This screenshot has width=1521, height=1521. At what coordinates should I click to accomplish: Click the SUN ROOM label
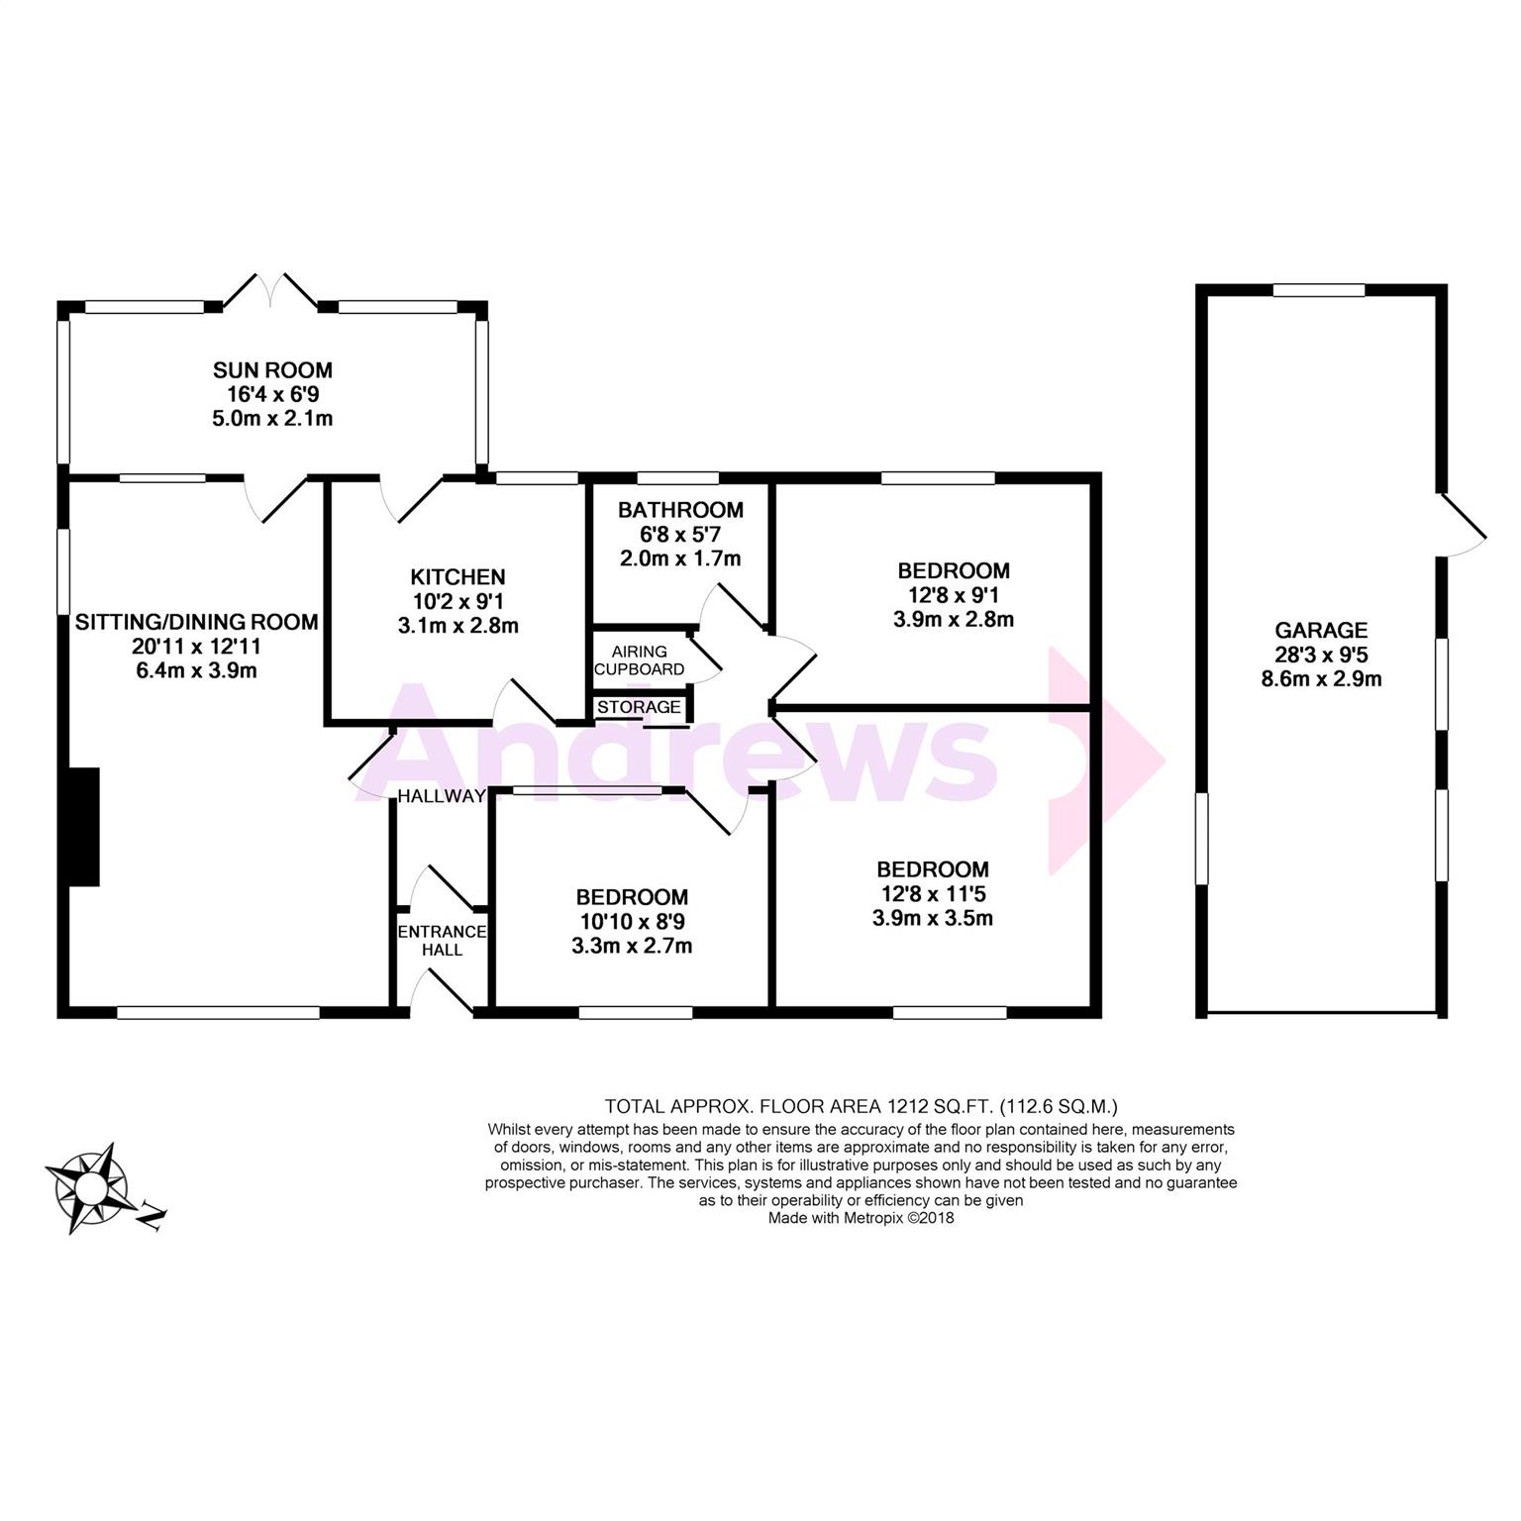(272, 370)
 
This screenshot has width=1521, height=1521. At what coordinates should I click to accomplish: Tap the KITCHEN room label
(457, 576)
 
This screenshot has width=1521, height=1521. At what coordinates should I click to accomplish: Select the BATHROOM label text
(680, 510)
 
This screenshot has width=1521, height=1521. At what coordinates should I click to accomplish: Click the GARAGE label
(1321, 630)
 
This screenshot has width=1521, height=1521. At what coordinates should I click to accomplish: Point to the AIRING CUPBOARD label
(639, 660)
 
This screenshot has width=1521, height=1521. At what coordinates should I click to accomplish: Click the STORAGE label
(639, 707)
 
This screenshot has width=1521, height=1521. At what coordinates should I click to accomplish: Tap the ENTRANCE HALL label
(442, 941)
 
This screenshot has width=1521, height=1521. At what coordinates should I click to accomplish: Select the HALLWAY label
(442, 796)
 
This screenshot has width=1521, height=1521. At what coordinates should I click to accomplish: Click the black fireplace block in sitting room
(84, 827)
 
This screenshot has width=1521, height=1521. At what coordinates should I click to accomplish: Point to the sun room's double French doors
(271, 290)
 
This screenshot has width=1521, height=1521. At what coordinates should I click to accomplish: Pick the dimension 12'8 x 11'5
(932, 894)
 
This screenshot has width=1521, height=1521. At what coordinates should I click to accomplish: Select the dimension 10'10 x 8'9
(631, 922)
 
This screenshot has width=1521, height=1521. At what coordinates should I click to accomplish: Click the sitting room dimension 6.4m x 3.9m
(196, 670)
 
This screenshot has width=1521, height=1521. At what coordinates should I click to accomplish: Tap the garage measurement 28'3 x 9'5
(1321, 655)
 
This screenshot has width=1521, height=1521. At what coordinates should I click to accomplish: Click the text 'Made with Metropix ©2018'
(861, 1219)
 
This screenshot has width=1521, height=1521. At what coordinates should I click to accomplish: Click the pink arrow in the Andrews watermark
(1104, 758)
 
